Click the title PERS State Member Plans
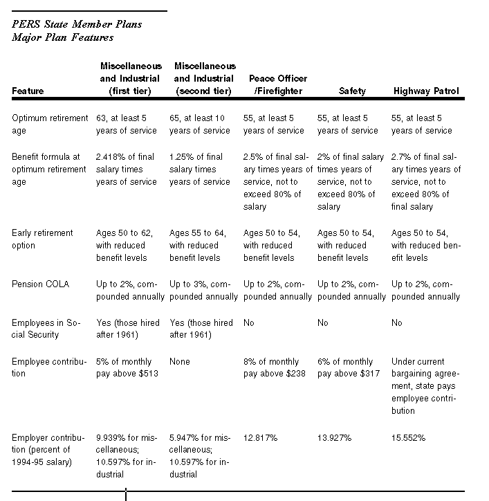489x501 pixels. tap(77, 24)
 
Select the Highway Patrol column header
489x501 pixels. tap(426, 91)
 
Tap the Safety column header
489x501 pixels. tap(352, 91)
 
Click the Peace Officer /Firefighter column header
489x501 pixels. tap(278, 84)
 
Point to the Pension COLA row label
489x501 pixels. tap(40, 284)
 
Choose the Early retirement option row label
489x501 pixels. tap(42, 239)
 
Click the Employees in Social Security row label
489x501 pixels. tap(46, 329)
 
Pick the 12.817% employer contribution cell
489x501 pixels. tap(261, 438)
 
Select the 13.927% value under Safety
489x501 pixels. tap(335, 438)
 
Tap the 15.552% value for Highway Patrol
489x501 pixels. tap(408, 438)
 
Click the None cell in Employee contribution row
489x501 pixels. tap(180, 361)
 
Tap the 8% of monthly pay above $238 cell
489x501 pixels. tap(275, 367)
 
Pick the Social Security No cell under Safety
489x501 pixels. tap(323, 322)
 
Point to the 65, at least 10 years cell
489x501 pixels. tap(200, 125)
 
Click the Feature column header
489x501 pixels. tap(28, 91)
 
